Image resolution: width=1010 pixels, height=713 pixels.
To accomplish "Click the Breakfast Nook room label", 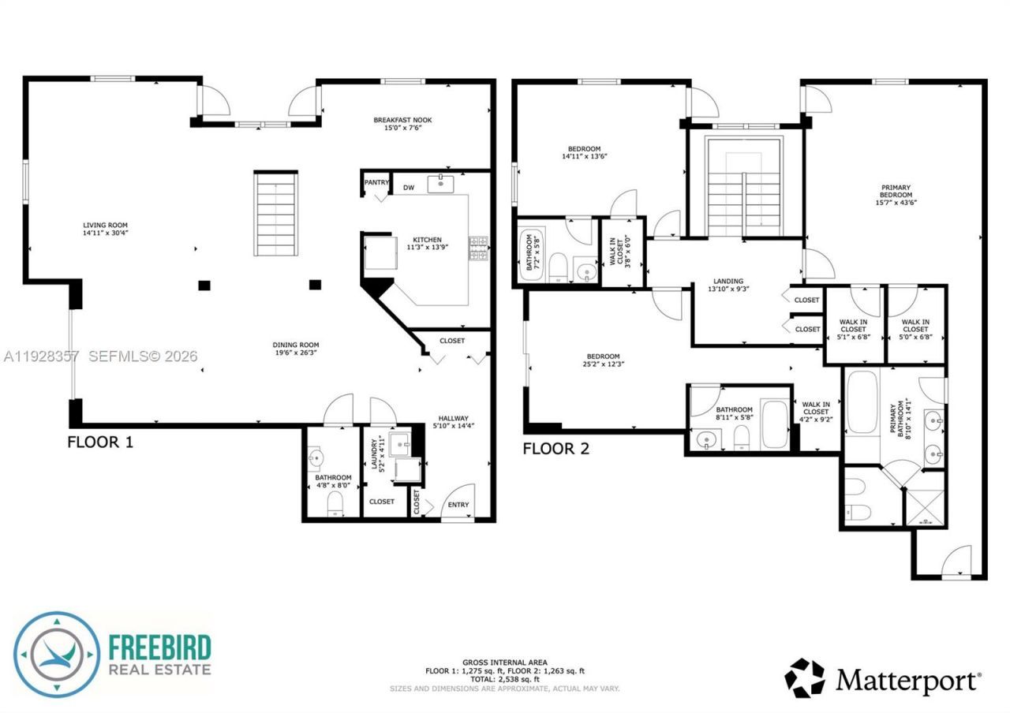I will click(x=402, y=121).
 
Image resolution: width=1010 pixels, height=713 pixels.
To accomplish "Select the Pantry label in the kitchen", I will click(x=376, y=183).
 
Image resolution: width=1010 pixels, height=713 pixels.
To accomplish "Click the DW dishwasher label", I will click(x=408, y=188).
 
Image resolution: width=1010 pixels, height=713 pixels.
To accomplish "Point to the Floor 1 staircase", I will click(x=276, y=214).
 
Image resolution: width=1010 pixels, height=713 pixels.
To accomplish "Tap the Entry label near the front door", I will click(x=458, y=505).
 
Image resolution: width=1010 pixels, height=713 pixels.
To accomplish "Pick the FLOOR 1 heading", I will click(x=99, y=442).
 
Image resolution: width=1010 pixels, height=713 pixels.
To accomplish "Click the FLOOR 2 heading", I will click(x=555, y=450).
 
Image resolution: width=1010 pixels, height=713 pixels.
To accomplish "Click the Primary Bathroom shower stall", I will click(x=923, y=509).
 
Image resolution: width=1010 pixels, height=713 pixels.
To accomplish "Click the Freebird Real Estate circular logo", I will click(x=57, y=654).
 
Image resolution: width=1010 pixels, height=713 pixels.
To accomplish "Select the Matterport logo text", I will click(x=907, y=678).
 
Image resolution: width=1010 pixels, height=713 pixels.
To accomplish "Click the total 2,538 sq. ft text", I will click(x=505, y=679).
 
